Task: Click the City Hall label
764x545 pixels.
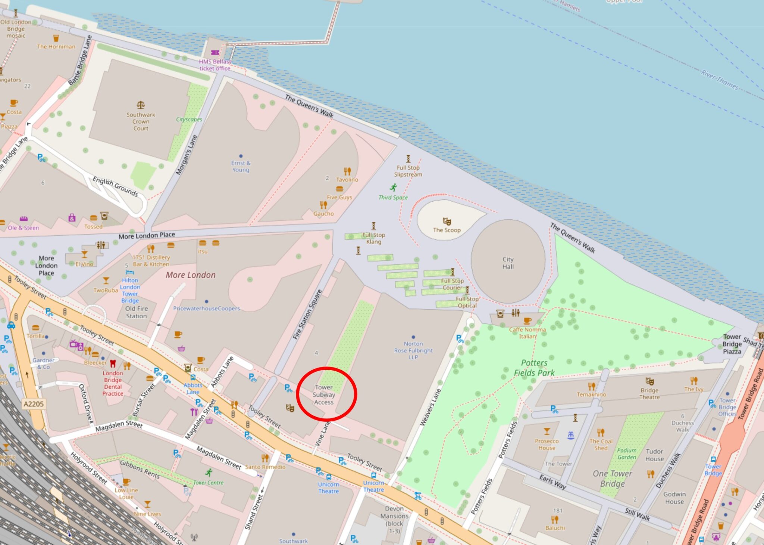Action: (508, 263)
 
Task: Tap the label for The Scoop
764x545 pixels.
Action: (447, 230)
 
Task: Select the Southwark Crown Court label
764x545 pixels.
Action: (141, 121)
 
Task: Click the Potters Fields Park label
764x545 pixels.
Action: (534, 368)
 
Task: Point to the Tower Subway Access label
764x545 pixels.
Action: (324, 395)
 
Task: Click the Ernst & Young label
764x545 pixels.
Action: (241, 166)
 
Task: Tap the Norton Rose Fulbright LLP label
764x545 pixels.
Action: (413, 350)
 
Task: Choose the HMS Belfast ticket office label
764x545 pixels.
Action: (215, 65)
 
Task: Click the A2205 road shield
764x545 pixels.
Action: (34, 404)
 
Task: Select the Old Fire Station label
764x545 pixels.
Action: (136, 312)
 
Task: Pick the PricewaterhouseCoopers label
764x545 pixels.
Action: (206, 309)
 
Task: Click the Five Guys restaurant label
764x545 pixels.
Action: (339, 197)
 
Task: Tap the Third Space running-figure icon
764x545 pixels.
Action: (394, 188)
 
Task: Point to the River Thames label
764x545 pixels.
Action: (719, 80)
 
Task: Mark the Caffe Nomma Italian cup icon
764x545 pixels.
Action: (527, 321)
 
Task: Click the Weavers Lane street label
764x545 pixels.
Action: (430, 408)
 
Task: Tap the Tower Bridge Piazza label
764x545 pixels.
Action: (732, 344)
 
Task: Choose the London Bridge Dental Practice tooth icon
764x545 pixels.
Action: (113, 363)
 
